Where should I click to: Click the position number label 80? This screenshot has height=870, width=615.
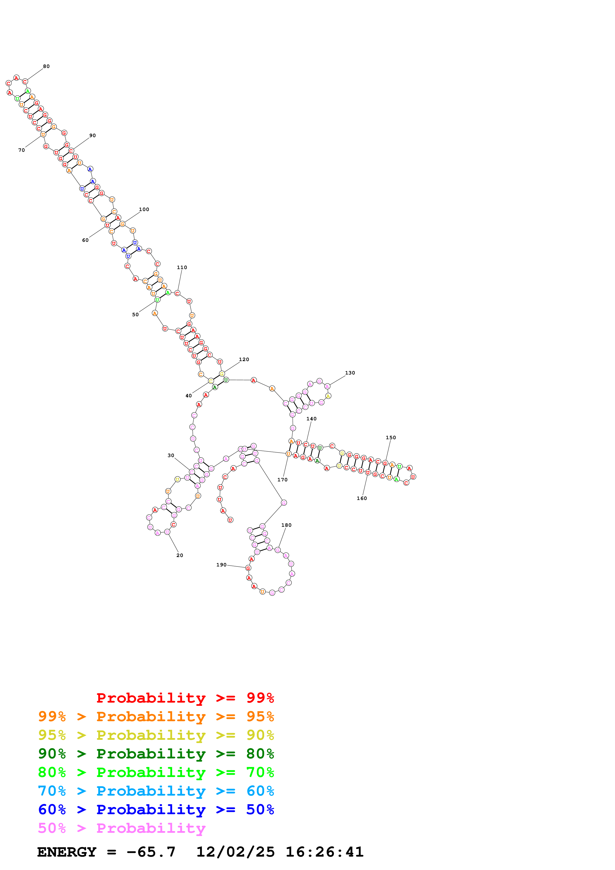[46, 66]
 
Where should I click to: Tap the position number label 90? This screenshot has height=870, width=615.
[93, 136]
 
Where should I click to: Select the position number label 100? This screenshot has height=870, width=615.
[144, 210]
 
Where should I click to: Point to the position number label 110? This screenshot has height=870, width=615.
[182, 268]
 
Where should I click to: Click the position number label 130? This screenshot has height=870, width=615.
[350, 373]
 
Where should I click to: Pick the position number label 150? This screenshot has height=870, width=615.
[391, 438]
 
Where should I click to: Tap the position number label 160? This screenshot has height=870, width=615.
[362, 498]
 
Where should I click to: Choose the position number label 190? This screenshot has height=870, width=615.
[221, 565]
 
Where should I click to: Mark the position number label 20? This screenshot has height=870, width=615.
[180, 556]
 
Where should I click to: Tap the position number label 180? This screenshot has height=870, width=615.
[287, 525]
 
